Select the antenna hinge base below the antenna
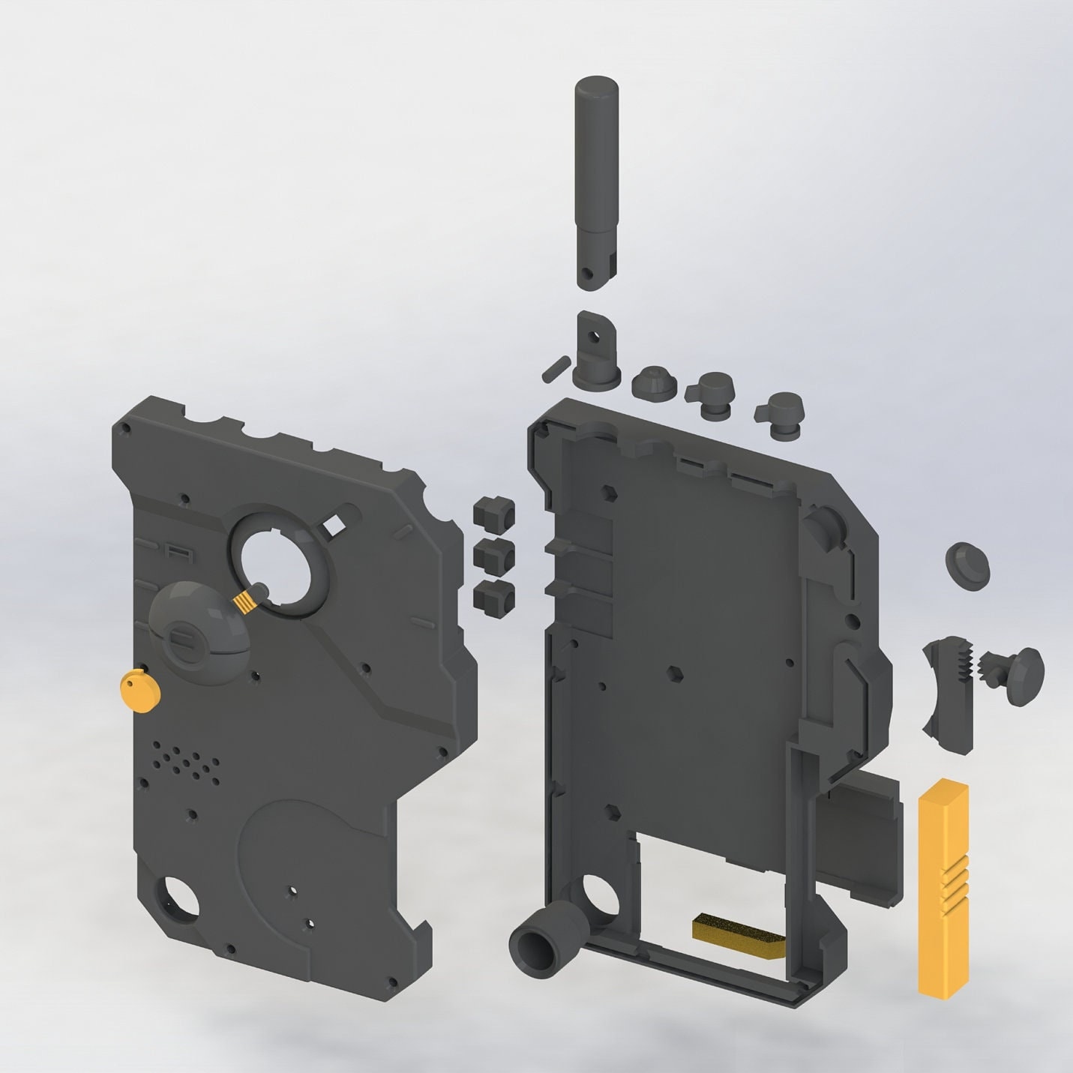coord(598,352)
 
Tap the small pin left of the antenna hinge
coord(553,367)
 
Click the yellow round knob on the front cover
coord(140,691)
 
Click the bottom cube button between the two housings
coord(494,596)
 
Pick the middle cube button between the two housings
coord(494,556)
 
